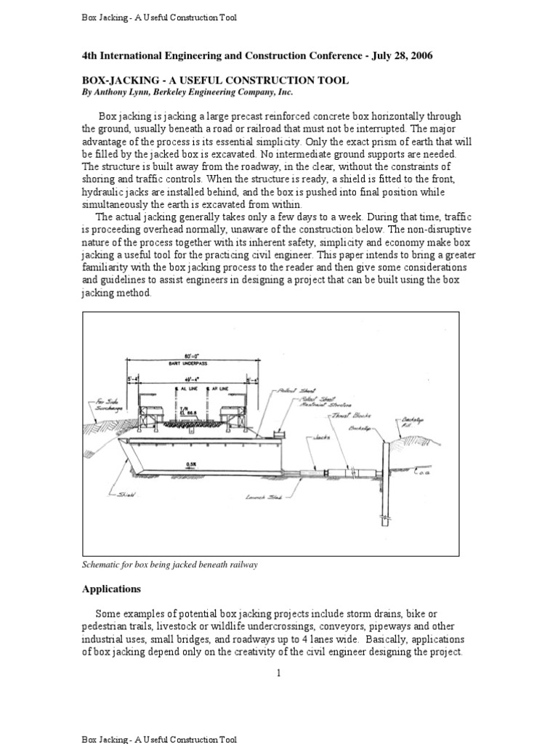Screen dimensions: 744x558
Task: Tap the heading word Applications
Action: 111,589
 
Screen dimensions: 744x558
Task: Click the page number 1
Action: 278,673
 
